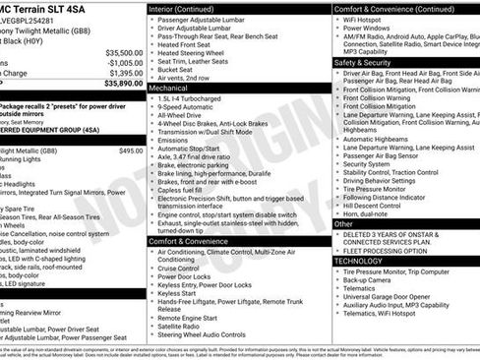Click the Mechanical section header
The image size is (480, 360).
tap(170, 87)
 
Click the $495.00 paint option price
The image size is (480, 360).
tap(130, 150)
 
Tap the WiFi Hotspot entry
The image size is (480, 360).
tap(369, 20)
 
